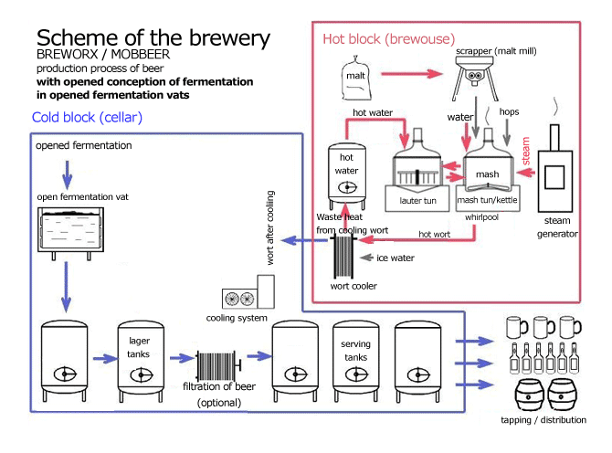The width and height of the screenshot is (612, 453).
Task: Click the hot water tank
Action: click(347, 173)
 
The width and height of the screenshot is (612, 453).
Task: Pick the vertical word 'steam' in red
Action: click(526, 152)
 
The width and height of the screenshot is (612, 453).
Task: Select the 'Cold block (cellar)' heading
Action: click(87, 118)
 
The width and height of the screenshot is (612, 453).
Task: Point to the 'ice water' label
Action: click(396, 259)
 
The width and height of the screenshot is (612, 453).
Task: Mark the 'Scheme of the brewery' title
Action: click(153, 38)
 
